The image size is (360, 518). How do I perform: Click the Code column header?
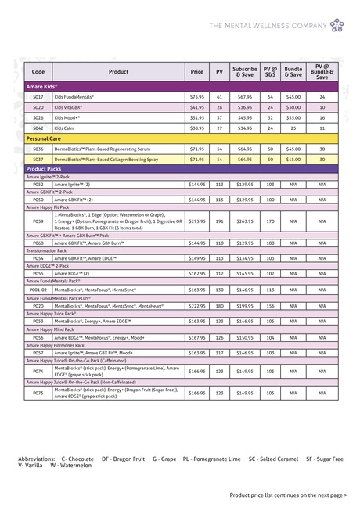click(38, 71)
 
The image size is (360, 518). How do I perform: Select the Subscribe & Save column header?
click(244, 71)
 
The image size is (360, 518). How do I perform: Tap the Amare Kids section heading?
click(43, 86)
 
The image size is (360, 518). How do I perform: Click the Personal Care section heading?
click(45, 138)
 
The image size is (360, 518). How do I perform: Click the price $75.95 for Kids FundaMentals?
click(196, 96)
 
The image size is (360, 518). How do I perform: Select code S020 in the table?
click(38, 106)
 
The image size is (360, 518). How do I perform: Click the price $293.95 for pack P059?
click(196, 221)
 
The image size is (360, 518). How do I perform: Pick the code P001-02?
click(38, 290)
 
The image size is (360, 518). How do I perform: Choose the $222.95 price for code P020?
click(196, 306)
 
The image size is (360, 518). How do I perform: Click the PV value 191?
click(220, 221)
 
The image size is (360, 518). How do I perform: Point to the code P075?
click(38, 393)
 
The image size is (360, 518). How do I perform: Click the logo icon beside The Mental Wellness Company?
click(337, 25)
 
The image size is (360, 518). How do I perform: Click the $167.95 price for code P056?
click(196, 338)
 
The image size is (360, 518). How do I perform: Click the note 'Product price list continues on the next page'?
click(287, 495)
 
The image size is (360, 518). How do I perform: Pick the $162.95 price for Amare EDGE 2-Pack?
click(196, 273)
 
